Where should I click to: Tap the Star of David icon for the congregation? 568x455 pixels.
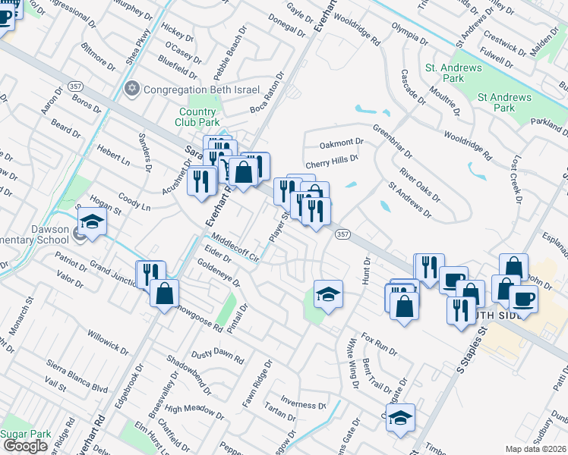pos(134,89)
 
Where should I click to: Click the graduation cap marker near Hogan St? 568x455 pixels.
pos(92,223)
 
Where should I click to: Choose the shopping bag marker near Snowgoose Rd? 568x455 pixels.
pos(164,294)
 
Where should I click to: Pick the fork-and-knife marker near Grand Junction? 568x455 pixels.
pos(150,274)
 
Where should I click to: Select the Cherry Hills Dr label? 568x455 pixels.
pos(331,162)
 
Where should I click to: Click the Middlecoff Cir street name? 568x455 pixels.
pos(235,247)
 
